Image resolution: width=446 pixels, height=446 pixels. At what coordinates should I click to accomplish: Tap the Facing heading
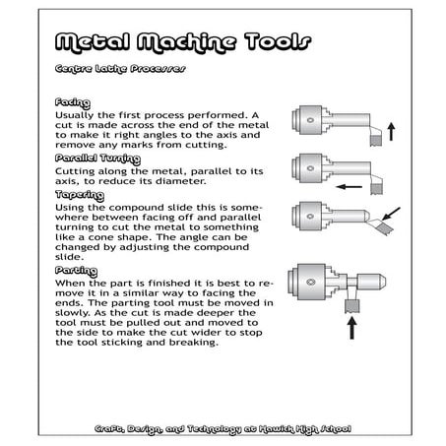coord(74,101)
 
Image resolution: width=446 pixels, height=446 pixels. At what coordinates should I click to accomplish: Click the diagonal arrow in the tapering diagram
coord(391,211)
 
